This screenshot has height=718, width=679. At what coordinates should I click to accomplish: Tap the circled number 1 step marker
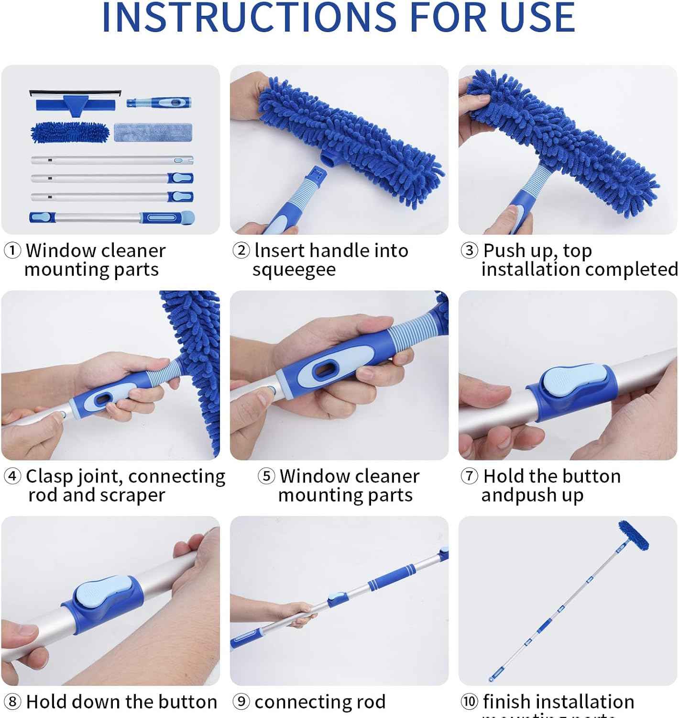tap(12, 250)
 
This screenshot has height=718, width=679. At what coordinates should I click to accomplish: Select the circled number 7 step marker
tap(470, 476)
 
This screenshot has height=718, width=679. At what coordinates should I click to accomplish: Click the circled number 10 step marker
tap(470, 702)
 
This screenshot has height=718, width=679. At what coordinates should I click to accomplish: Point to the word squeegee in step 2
tap(294, 270)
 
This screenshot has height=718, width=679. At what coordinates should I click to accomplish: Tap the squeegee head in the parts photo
tap(76, 102)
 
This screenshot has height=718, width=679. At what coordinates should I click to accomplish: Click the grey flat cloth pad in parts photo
tap(153, 132)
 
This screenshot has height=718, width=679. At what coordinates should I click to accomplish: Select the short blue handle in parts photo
tap(159, 102)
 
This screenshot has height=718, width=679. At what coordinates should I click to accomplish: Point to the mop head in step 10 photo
tap(634, 536)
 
